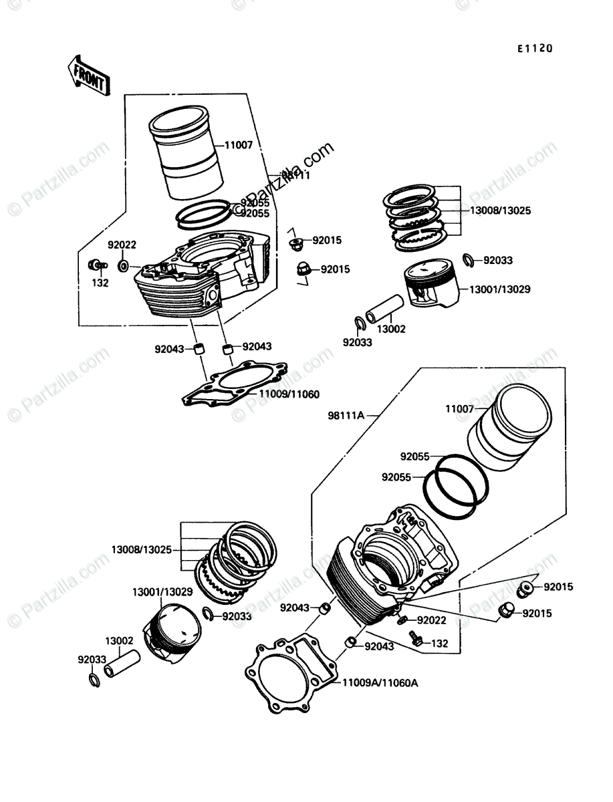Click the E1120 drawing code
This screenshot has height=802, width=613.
pyautogui.click(x=533, y=49)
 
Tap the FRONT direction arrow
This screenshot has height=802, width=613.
pyautogui.click(x=87, y=74)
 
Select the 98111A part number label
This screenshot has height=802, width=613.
pyautogui.click(x=346, y=415)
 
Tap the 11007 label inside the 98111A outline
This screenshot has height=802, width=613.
pyautogui.click(x=460, y=408)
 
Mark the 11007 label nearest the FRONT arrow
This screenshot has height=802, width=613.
pyautogui.click(x=238, y=144)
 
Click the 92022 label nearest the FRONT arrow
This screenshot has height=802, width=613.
pyautogui.click(x=124, y=245)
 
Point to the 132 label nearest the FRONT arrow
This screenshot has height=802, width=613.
pyautogui.click(x=100, y=282)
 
